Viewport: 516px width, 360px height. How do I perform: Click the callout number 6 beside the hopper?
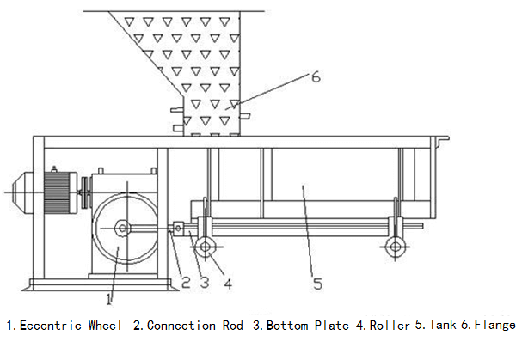coord(315,77)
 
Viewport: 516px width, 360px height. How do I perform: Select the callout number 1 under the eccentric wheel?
coord(108,299)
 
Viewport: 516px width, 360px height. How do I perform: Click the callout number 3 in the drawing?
coord(205,280)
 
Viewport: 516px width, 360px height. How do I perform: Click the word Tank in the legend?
coord(442,326)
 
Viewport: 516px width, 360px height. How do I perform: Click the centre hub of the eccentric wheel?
coord(122,228)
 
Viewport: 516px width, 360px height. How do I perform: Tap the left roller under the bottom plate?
coord(206,247)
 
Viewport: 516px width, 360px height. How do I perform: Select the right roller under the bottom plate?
coord(395,247)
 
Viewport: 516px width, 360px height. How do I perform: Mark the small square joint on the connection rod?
coord(178,228)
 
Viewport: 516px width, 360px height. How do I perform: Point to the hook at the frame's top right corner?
coord(444,139)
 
